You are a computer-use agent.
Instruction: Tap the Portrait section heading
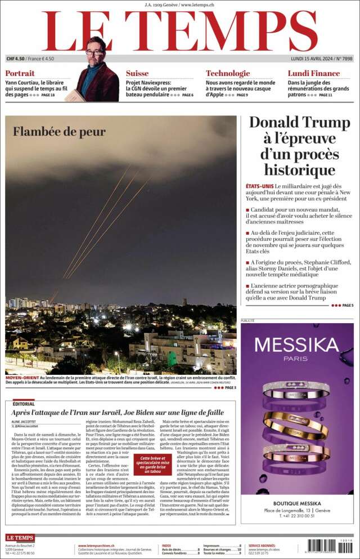(x=20, y=73)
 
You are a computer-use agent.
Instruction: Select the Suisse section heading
(x=137, y=73)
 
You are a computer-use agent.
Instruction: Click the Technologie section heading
(x=227, y=73)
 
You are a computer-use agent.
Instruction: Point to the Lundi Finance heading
(x=313, y=73)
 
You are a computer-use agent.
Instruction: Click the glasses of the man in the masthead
(x=95, y=52)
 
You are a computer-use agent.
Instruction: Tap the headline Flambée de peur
(x=59, y=132)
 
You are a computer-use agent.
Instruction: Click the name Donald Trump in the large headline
(x=299, y=122)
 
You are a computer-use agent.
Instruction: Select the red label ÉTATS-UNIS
(x=259, y=186)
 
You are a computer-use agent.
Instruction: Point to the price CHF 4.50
(x=16, y=59)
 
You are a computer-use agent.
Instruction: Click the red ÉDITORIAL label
(x=24, y=404)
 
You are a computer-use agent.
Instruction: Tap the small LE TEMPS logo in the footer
(x=20, y=538)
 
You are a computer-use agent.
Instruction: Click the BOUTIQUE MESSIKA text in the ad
(x=297, y=503)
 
